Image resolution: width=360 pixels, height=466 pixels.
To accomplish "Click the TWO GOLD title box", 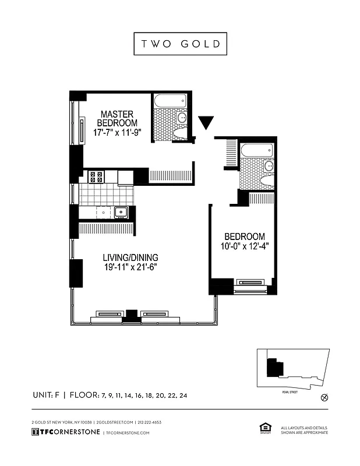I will click(180, 44).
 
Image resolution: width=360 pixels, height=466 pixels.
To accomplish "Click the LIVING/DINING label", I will click(130, 257).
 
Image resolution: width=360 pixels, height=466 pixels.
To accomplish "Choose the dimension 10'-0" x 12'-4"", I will click(245, 246).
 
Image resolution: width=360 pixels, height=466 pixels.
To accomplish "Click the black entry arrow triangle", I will click(206, 123).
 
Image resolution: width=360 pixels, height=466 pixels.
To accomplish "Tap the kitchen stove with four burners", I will click(96, 176).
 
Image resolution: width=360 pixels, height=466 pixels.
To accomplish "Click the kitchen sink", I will click(121, 213).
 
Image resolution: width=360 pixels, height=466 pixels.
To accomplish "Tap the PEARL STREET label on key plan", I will click(283, 393).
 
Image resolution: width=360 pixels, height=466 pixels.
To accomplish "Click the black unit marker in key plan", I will click(274, 368).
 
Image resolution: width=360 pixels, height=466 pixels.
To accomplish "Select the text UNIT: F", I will click(47, 395).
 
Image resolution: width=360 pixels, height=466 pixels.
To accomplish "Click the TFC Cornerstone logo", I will click(65, 432).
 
